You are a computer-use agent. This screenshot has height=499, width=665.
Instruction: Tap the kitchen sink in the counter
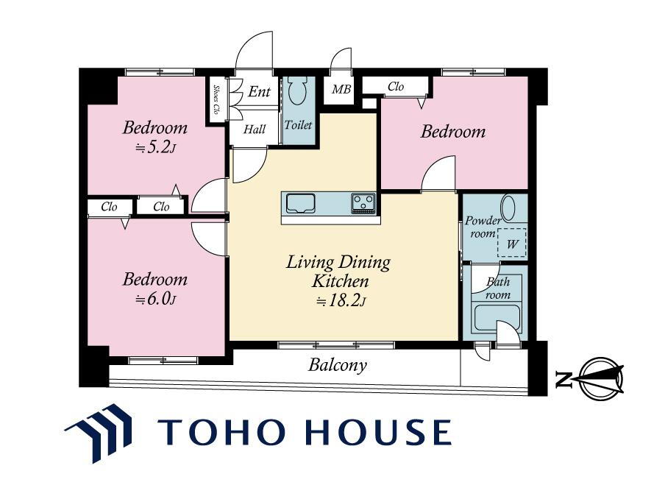point(300,203)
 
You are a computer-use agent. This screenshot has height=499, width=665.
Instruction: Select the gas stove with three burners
point(363,203)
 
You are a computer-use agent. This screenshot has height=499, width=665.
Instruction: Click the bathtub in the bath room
point(497,317)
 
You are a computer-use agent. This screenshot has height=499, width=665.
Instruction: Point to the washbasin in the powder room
point(508,208)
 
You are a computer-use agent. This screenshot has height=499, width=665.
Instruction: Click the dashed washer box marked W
point(512,243)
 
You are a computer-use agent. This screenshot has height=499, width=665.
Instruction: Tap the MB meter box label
point(341,90)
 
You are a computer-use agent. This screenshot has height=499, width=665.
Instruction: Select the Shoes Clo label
point(216,99)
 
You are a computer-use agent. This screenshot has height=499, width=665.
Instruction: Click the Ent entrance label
point(259,91)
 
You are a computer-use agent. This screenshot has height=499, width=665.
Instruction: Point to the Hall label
point(255,129)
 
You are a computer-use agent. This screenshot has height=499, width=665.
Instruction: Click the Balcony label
point(338,365)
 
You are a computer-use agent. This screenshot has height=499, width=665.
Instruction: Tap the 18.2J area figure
point(341,301)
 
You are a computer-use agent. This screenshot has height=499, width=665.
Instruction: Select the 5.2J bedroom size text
point(155,148)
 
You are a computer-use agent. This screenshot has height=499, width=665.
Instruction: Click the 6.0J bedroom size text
point(155,300)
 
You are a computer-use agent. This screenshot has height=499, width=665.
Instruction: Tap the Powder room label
point(483,227)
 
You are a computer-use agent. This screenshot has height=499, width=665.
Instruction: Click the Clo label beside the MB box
point(396,87)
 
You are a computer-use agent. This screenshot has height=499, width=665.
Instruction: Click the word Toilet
point(298,125)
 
